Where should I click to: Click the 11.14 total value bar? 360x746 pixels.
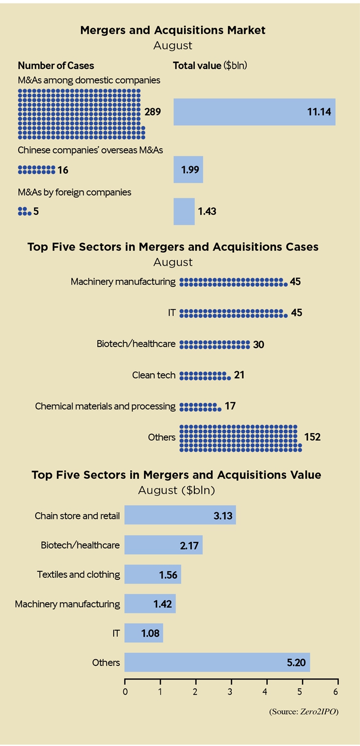[254, 112]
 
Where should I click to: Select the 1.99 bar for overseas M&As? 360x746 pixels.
[188, 170]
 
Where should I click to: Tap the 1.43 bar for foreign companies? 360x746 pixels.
[184, 211]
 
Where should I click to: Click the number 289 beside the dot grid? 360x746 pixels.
[152, 112]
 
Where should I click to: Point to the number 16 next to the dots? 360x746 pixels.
[63, 170]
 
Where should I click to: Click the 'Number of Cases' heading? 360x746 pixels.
[56, 65]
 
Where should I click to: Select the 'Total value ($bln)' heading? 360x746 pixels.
[210, 65]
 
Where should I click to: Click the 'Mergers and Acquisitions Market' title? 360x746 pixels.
[173, 30]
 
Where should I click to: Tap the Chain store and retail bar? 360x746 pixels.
[180, 515]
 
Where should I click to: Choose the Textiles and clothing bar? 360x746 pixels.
[153, 574]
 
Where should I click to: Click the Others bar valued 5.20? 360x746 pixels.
[217, 662]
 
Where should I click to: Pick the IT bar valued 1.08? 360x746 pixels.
[143, 633]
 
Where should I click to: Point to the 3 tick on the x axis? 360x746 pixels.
[231, 691]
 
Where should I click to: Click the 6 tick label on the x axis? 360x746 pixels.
[336, 691]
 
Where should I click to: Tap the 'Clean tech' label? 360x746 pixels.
[154, 375]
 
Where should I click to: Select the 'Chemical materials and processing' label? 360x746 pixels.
[105, 406]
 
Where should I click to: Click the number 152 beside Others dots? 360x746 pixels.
[312, 437]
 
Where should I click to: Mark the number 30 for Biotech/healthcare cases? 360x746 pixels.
[259, 345]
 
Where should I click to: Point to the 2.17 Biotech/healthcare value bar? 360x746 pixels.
[163, 545]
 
